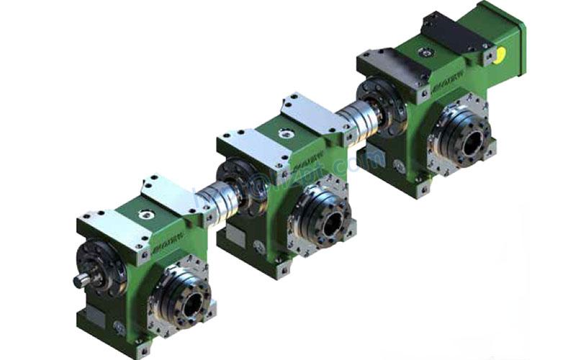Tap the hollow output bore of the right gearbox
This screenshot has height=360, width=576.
pyautogui.click(x=471, y=141)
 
